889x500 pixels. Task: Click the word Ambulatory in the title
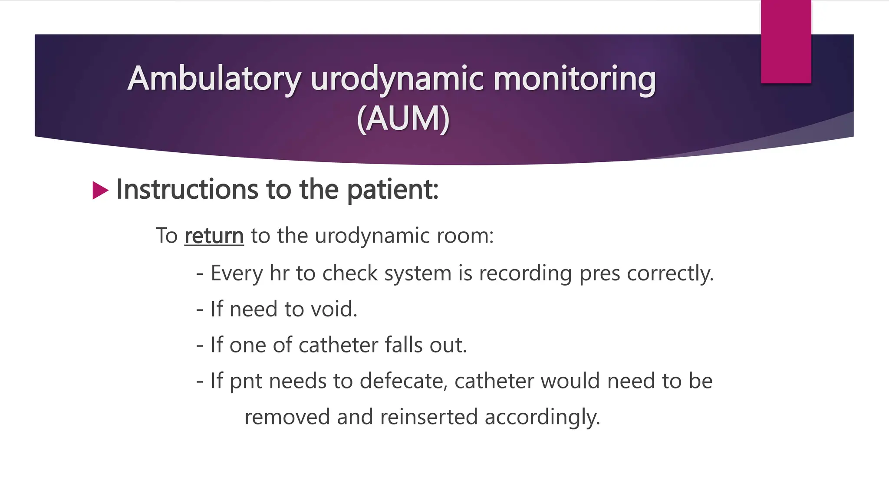pos(214,79)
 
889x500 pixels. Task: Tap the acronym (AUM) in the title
pos(403,118)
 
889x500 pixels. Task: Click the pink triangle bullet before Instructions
pos(100,191)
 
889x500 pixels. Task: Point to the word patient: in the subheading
pos(393,190)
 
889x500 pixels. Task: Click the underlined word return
pos(214,236)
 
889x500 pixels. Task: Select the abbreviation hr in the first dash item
pos(279,273)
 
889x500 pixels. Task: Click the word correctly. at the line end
pos(670,273)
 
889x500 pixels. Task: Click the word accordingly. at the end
pos(542,418)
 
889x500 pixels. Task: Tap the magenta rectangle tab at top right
pos(786,41)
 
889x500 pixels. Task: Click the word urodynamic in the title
pos(397,79)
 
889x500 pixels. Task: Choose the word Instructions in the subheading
pos(187,190)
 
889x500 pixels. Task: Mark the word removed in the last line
pos(287,417)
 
